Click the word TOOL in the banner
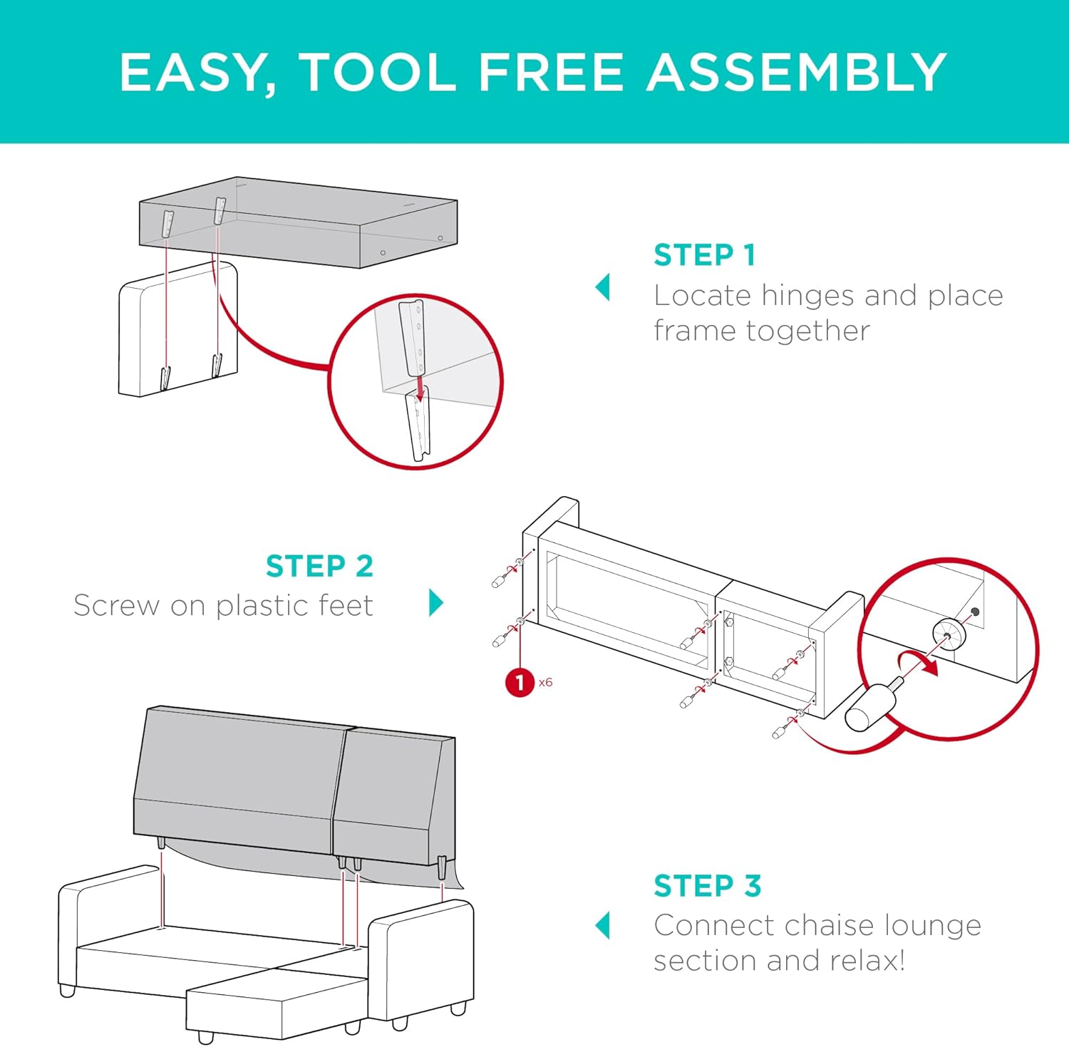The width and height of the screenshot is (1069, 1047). pos(378,73)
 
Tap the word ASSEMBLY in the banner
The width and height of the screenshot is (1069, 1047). pos(796,73)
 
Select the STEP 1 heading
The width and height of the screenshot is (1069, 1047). pos(704,255)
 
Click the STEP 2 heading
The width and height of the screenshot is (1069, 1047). pos(319,567)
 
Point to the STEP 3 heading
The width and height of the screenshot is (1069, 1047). pos(707,886)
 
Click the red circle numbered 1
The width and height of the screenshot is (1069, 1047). pos(520,683)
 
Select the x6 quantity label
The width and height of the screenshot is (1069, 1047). pos(546,683)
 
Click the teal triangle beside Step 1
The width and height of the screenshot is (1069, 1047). pos(603,287)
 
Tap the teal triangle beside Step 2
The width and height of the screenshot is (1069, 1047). pos(436,603)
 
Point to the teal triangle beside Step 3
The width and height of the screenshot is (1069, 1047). pos(603,925)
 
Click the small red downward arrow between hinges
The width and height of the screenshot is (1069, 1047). pos(420,391)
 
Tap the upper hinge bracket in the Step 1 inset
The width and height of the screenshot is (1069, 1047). pos(412,336)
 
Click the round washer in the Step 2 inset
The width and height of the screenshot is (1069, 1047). pos(949,632)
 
